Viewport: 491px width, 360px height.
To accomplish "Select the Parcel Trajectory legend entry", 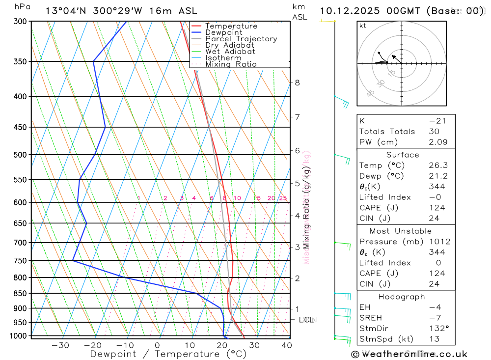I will point(241,39).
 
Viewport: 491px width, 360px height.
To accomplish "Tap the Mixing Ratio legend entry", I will point(231,64).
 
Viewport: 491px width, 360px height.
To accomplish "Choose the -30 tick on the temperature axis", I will point(60,345).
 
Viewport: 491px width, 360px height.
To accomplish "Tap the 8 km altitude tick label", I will point(297,83).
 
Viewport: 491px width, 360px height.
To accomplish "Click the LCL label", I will point(306,320).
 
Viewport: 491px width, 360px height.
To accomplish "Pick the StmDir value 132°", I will point(436,329).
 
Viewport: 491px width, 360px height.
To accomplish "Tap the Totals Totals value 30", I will point(433,132).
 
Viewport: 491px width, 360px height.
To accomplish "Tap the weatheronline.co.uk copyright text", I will point(409,354).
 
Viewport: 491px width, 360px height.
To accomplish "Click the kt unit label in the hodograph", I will point(362,26).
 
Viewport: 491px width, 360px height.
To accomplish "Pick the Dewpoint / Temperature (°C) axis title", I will point(168,354).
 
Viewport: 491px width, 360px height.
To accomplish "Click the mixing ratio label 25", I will point(283,198).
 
